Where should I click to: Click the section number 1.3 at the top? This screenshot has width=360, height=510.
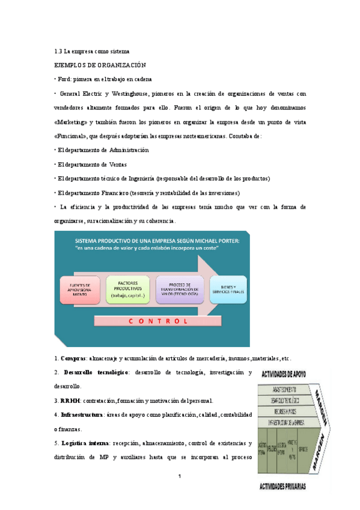[x=58, y=51]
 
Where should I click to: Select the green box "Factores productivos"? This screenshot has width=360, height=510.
[x=127, y=288]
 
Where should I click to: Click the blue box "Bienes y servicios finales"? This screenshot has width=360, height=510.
[x=228, y=289]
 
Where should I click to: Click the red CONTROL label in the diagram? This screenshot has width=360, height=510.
[x=159, y=321]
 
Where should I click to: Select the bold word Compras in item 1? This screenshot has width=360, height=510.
[x=73, y=358]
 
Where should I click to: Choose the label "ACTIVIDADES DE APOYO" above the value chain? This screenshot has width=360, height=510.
[x=283, y=375]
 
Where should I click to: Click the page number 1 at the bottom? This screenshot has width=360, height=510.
[x=180, y=477]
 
